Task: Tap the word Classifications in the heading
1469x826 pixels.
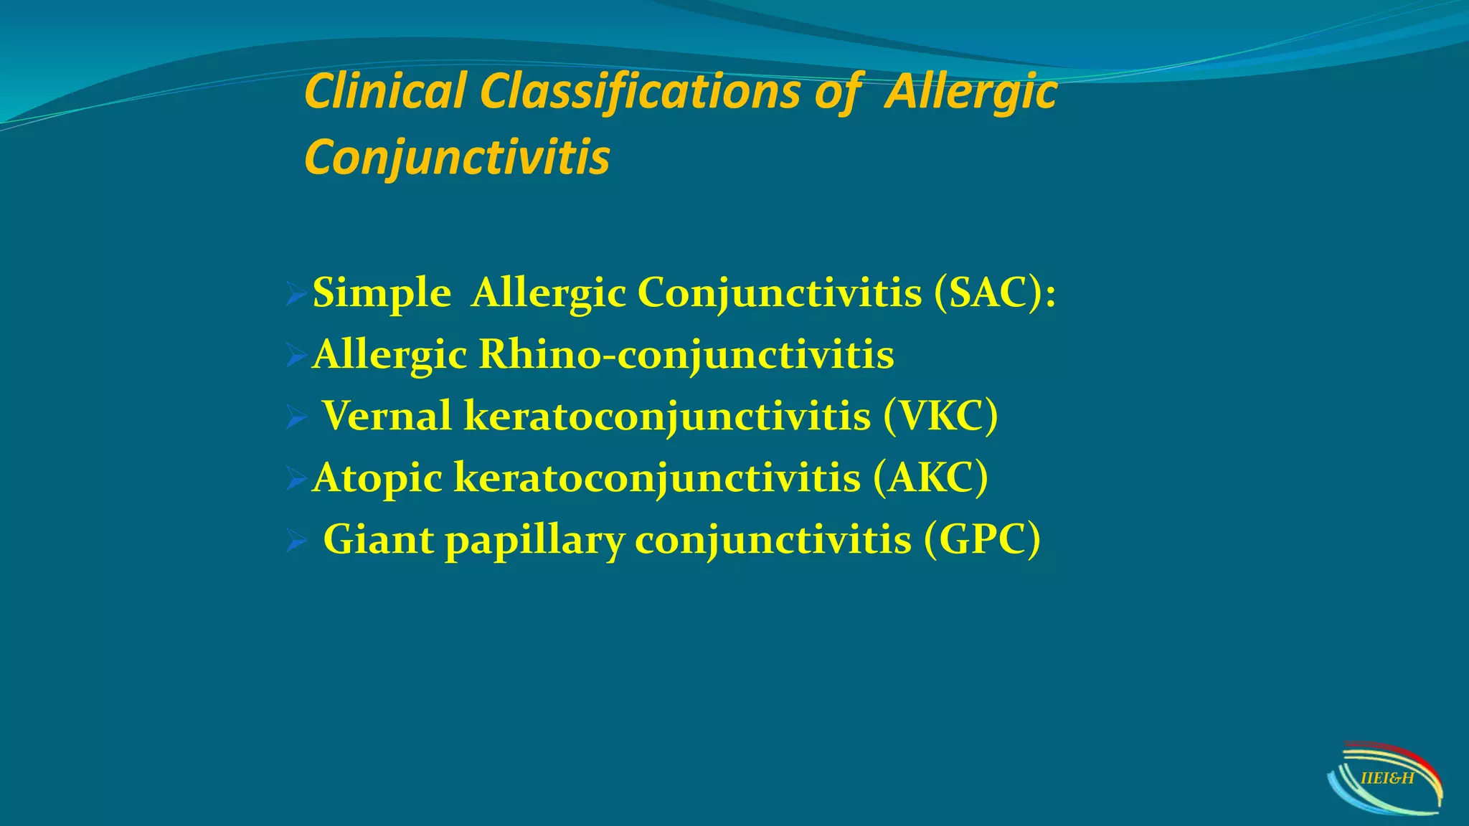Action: pos(640,92)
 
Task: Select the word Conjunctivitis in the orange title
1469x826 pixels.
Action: pos(457,157)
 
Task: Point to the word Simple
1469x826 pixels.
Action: pos(382,294)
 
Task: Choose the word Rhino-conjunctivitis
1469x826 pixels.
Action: pos(686,354)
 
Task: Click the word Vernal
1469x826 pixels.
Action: pos(387,416)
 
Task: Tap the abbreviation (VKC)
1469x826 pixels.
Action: pos(940,416)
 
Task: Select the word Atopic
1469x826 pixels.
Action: pos(377,478)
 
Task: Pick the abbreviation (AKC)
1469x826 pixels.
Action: pos(930,478)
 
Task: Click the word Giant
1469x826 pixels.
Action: pos(378,539)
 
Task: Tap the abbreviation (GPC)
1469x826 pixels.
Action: pos(982,539)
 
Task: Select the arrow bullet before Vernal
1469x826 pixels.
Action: pos(296,417)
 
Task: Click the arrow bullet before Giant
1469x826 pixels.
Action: pos(296,540)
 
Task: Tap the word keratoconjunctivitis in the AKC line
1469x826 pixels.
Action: pos(656,478)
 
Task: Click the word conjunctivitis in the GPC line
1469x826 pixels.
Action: pos(773,539)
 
